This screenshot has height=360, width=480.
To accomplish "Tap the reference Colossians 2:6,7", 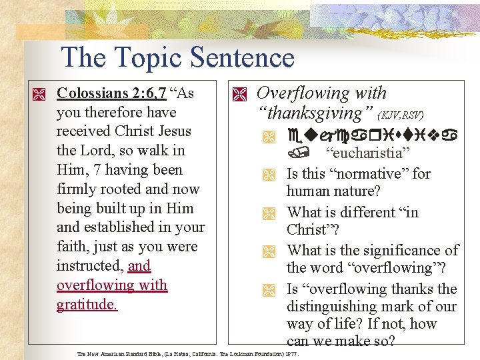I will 111,93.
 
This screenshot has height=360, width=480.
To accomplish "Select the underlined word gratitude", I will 87,305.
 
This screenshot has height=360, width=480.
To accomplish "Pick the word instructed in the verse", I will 90,266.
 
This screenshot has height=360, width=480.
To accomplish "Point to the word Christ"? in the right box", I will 314,230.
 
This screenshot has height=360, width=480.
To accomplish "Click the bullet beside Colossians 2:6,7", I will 41,94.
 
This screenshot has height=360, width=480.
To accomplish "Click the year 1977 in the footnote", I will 291,353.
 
